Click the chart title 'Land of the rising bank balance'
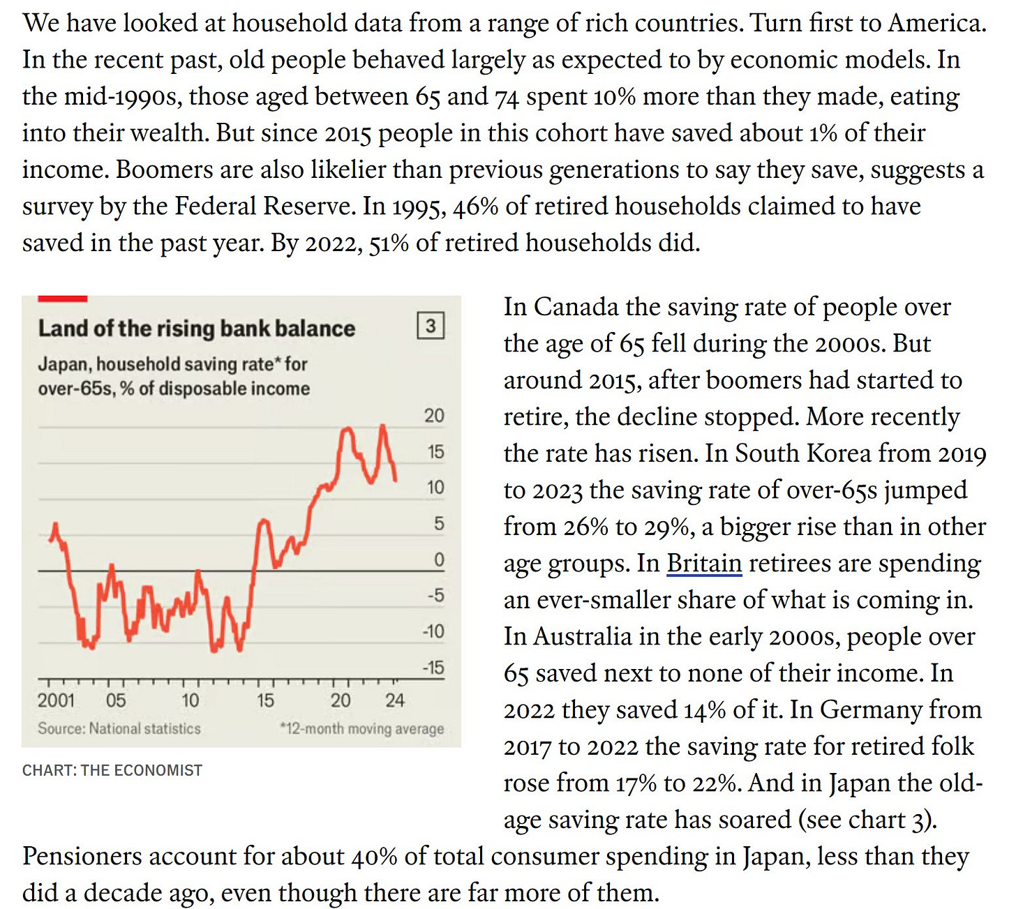(x=196, y=328)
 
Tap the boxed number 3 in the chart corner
(x=431, y=326)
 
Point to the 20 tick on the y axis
(x=434, y=416)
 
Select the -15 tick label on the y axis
(x=433, y=668)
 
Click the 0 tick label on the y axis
(x=439, y=559)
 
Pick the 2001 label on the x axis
(x=56, y=700)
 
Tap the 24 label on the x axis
(x=395, y=700)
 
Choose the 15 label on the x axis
(x=265, y=700)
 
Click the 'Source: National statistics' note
(x=119, y=728)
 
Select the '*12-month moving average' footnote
(x=361, y=729)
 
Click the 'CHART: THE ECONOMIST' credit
(x=112, y=770)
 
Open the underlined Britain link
(x=704, y=563)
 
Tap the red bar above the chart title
(x=62, y=299)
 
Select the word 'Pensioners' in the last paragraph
(x=82, y=856)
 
